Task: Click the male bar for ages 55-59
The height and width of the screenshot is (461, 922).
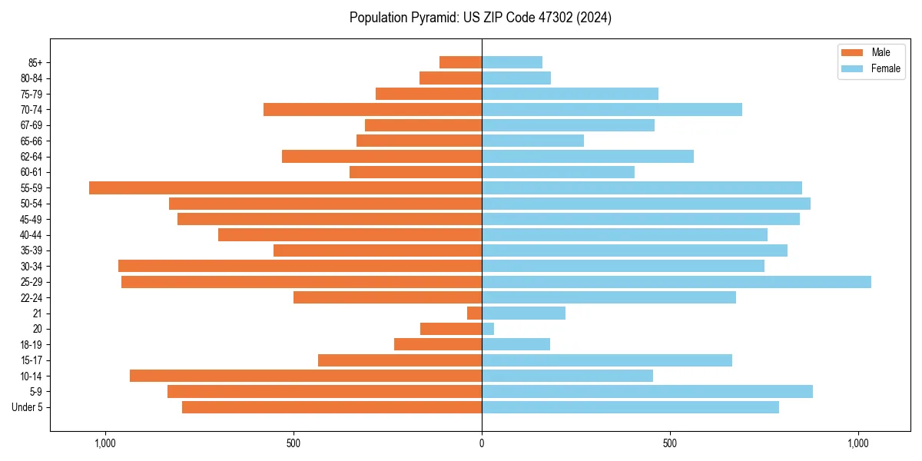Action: pos(284,187)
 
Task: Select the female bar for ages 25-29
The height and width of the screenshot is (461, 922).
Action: pos(676,282)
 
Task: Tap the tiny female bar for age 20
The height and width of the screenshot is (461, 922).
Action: pos(488,329)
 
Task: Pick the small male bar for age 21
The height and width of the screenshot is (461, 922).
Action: pos(475,313)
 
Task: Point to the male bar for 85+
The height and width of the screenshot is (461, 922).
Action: pos(460,62)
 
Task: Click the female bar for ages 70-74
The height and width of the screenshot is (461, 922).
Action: pos(612,109)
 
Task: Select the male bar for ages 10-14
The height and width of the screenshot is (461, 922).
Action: pos(305,376)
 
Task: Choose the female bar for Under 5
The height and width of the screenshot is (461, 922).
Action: pos(630,407)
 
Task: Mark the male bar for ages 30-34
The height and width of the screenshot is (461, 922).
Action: pos(300,266)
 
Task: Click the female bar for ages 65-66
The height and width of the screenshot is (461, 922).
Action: pos(532,141)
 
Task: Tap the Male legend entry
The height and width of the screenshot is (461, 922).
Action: pos(871,52)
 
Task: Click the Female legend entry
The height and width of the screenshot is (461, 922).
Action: pos(875,68)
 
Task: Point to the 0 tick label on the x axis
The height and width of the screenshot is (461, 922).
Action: pos(482,443)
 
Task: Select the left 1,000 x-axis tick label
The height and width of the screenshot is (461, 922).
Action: pos(105,443)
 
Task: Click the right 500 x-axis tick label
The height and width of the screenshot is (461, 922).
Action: pos(670,443)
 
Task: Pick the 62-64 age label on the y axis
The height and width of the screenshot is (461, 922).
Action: pos(32,157)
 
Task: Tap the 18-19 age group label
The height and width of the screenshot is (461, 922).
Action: pos(32,344)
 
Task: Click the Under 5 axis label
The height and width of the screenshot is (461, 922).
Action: pos(28,407)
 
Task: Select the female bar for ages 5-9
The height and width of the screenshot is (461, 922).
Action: pos(647,391)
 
